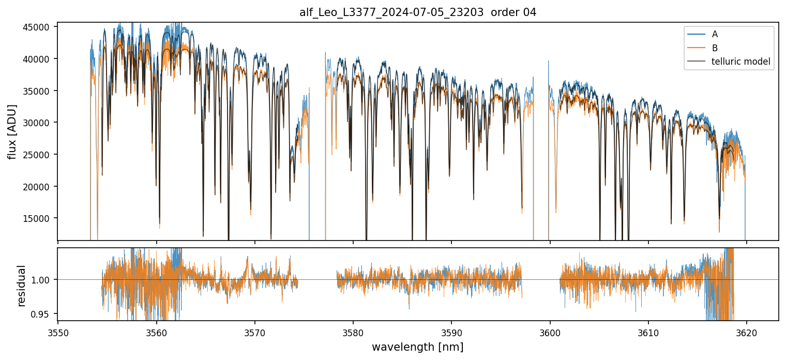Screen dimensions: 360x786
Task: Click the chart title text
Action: (x=418, y=12)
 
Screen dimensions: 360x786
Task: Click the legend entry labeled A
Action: (x=715, y=34)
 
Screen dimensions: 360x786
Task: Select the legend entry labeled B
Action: (x=715, y=48)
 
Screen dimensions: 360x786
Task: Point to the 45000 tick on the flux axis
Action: (x=40, y=27)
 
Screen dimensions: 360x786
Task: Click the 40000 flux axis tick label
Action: (x=40, y=59)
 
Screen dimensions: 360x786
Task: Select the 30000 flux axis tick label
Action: (x=40, y=123)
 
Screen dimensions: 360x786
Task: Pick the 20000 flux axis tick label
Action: (x=40, y=186)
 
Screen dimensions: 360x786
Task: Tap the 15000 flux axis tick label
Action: (x=40, y=218)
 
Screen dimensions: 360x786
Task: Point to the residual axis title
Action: (x=21, y=285)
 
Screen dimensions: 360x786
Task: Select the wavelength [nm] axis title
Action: (x=417, y=347)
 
